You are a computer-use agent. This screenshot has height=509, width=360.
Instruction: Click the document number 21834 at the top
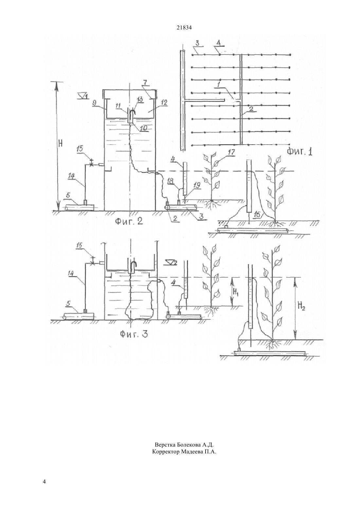(184, 28)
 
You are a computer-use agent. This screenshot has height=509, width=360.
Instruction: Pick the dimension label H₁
(235, 291)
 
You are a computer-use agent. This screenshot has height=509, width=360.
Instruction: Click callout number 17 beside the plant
(231, 152)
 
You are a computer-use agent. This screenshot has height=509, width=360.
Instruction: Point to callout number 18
(171, 181)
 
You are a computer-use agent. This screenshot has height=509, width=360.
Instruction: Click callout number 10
(143, 128)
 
